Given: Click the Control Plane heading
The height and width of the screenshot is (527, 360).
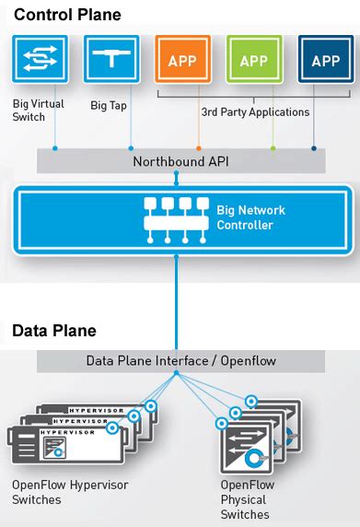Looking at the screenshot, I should pos(67,15).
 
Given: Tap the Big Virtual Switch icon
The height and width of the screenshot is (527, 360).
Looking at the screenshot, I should pos(40,60).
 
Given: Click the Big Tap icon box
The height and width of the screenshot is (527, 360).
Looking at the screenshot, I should pos(110,60).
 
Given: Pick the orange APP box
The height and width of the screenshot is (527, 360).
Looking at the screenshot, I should pos(182,61).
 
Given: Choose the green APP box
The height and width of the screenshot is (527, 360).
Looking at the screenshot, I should pos(254,61).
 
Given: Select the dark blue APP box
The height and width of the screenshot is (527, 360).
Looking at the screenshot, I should pos(325,61).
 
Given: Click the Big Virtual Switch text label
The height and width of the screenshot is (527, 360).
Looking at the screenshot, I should pos(39,111).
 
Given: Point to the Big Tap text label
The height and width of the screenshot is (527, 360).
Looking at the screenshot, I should pos(109,105).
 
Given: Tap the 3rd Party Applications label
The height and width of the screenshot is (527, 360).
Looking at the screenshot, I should pos(254,112).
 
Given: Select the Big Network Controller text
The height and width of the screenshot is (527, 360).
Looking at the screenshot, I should pos(250,217).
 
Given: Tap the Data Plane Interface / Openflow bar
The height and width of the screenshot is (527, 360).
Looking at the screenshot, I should pos(180,360).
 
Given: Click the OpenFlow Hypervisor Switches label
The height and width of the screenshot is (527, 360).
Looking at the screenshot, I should pos(70,491).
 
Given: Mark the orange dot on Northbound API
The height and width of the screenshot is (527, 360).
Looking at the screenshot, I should pos(198,147).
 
